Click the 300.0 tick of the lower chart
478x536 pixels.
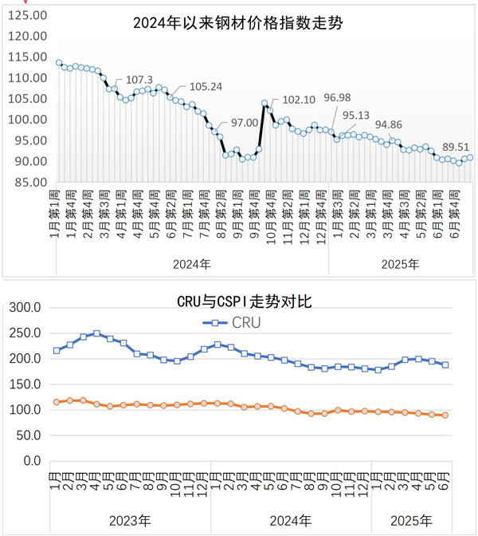[25, 307]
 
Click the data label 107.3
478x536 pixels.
[139, 80]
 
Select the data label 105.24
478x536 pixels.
[205, 87]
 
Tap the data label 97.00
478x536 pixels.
[245, 123]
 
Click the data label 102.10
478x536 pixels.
[299, 100]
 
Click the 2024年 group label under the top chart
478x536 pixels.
[192, 262]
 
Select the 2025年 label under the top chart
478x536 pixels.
[401, 262]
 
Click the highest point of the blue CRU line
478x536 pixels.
[96, 333]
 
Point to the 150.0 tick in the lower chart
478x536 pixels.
[25, 384]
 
